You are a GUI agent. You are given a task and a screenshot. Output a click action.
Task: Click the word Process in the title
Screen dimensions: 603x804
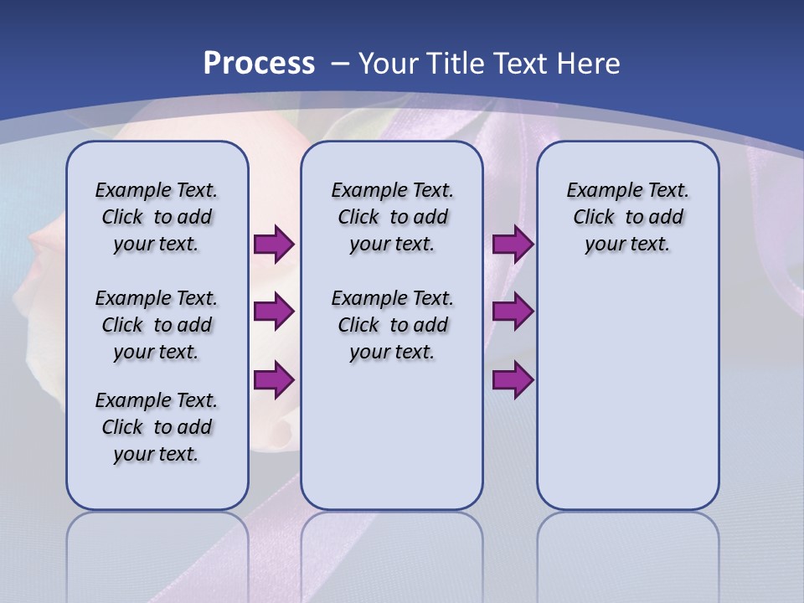[x=259, y=63]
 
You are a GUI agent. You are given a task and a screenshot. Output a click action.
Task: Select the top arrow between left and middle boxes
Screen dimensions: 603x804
[x=273, y=244]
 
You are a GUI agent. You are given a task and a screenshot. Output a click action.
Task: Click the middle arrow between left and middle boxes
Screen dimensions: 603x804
[x=273, y=312]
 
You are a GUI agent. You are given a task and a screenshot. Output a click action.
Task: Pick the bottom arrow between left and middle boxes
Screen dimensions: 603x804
[x=273, y=380]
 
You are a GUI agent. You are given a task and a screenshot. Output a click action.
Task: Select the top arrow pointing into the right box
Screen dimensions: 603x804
[x=513, y=244]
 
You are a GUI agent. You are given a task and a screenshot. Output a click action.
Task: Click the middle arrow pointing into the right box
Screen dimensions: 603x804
[x=513, y=312]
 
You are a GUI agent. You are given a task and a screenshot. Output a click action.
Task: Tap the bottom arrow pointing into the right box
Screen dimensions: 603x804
[x=513, y=380]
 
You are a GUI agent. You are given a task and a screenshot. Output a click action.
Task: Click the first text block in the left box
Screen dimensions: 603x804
[x=157, y=217]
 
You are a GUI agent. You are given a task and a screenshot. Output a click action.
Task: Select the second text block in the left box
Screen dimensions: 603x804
[x=157, y=325]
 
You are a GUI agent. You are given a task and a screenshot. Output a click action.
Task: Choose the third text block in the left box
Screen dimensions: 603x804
[x=157, y=427]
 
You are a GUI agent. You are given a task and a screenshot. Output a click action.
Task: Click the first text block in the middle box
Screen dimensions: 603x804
[x=392, y=217]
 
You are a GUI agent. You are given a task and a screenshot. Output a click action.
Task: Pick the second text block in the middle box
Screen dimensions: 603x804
[x=392, y=325]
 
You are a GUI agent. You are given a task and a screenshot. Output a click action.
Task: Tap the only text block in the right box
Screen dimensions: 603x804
[x=628, y=217]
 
